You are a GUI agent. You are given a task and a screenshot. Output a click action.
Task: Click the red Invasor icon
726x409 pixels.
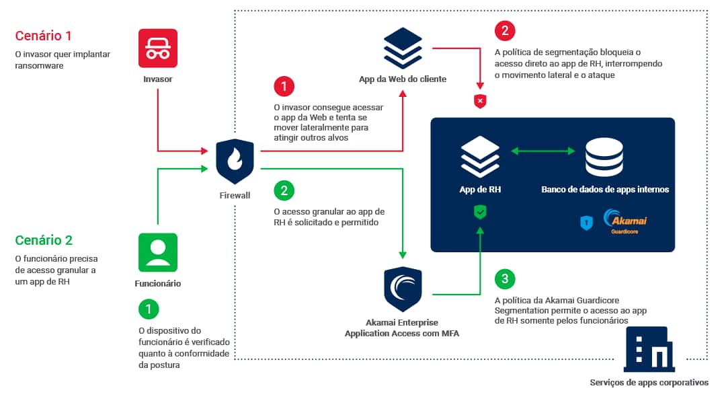pos(158,48)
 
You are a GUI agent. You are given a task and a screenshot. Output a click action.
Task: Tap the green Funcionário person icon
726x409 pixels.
pos(158,252)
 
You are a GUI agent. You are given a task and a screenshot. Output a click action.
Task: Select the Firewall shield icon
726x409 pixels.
pos(235,162)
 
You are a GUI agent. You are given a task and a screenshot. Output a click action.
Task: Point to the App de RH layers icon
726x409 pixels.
pos(480,156)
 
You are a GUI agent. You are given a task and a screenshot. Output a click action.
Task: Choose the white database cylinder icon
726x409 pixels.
pos(604,156)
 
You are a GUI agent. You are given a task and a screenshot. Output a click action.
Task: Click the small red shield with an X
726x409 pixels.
pos(480,102)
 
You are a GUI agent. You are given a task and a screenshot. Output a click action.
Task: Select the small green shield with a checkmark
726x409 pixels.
pos(480,213)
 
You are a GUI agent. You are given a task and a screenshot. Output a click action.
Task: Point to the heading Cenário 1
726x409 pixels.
pos(43,36)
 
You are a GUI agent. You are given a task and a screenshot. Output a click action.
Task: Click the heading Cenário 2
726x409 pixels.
pos(43,240)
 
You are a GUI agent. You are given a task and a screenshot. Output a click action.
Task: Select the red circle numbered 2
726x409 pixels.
pos(504,31)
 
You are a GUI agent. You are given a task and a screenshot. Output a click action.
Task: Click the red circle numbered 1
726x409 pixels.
pos(284,86)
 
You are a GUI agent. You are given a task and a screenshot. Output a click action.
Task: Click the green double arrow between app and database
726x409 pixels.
pos(542,151)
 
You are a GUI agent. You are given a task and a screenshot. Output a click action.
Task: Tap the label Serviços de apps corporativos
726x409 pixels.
pos(649,383)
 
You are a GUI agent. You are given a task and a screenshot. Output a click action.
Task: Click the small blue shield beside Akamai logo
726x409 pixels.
pos(586,223)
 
